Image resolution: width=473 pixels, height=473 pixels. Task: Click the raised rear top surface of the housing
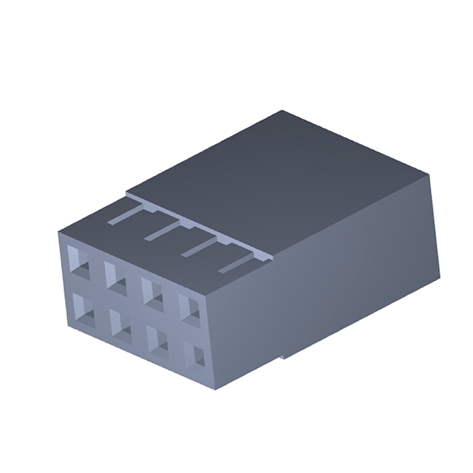(x=281, y=177)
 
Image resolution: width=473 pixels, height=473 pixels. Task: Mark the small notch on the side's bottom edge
(x=282, y=359)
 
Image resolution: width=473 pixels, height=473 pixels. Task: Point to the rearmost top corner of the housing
(x=284, y=112)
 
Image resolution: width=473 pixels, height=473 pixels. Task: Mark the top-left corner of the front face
(x=58, y=232)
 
